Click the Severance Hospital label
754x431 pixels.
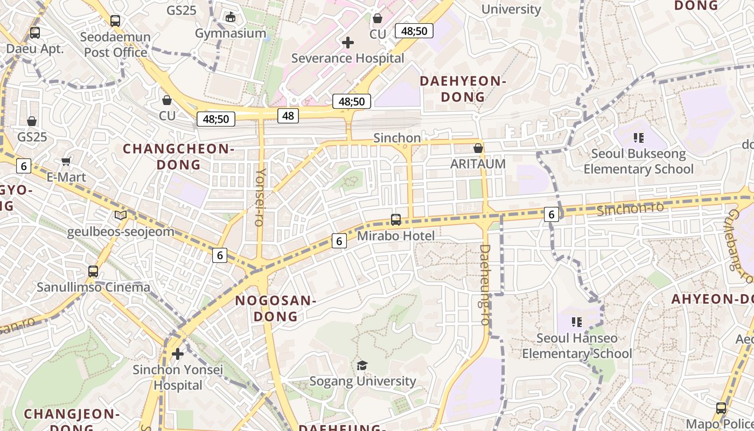tap(347, 58)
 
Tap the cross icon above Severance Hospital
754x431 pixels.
tap(348, 42)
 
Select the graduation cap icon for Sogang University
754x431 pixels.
tap(362, 366)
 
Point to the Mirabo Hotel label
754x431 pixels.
tap(396, 235)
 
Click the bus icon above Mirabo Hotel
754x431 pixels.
tap(396, 220)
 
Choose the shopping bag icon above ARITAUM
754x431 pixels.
tap(478, 148)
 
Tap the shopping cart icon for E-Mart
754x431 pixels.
tap(66, 161)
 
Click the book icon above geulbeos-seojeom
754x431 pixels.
tap(121, 215)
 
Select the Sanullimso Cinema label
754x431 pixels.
tap(93, 287)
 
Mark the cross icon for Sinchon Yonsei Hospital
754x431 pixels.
tap(178, 354)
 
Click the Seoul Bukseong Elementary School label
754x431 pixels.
tap(638, 161)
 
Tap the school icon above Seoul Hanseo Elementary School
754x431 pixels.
tap(577, 322)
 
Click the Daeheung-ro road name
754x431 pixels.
tap(485, 284)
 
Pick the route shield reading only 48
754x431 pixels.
tap(288, 115)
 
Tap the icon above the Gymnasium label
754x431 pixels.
tap(231, 17)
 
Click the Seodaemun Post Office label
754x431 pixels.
tap(115, 45)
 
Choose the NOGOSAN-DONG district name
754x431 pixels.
tap(275, 308)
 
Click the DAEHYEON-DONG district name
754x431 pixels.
tap(463, 89)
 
